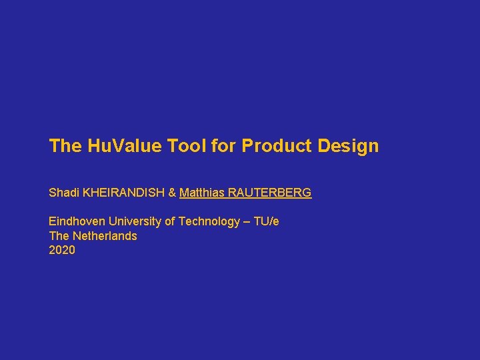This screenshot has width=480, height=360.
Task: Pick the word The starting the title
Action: pos(65,145)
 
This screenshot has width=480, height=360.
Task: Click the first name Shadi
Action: pos(63,193)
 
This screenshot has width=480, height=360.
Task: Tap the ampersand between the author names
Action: pos(172,193)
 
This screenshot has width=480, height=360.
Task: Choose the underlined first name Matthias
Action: pos(201,193)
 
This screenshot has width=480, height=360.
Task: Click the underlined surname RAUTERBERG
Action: pos(269,193)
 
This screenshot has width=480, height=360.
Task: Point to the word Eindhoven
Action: pos(77,221)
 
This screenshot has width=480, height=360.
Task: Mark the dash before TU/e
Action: pos(247,221)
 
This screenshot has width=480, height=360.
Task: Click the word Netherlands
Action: pos(105,236)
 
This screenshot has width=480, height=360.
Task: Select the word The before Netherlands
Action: pos(59,236)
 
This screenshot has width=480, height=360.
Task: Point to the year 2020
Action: pos(62,251)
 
